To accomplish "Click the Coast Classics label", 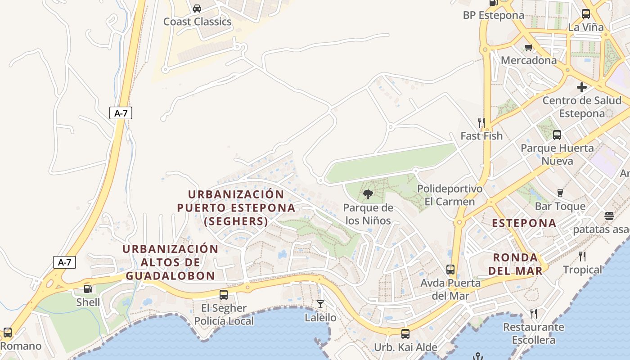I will click(197, 22).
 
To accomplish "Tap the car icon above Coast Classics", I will click(197, 8).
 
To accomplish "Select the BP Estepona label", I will click(493, 15).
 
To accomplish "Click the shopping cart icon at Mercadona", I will click(529, 47).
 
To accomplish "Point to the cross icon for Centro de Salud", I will click(582, 87).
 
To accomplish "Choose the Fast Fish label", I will click(481, 135).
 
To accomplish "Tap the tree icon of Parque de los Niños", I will click(368, 194).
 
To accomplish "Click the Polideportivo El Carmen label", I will click(450, 195).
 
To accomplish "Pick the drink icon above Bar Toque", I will click(560, 193).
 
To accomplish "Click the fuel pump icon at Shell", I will click(88, 289).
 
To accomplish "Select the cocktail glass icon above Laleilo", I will click(320, 304).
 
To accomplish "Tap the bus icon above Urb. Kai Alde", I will click(405, 334).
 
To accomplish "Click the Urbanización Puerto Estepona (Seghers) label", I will click(236, 207).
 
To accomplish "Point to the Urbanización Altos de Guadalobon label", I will click(170, 262).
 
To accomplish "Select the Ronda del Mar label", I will click(515, 264).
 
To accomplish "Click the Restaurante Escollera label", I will click(533, 333).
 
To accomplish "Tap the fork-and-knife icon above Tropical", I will click(582, 256).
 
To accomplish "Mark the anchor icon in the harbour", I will click(477, 356).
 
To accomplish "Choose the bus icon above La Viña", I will click(585, 14).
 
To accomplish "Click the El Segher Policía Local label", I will click(224, 315).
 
